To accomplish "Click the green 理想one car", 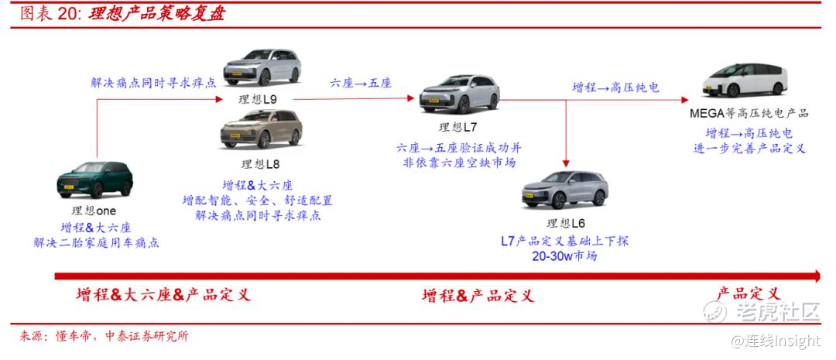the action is [95, 180].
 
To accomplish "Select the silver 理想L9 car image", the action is [262, 67].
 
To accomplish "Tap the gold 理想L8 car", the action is [262, 129].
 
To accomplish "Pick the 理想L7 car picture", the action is [459, 94].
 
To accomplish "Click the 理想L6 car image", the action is [564, 190].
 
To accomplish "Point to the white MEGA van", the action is [745, 81].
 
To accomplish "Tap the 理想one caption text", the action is [94, 211].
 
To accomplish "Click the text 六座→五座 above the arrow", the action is [361, 83].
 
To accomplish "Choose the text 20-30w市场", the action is [564, 256].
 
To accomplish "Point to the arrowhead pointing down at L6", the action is [566, 163].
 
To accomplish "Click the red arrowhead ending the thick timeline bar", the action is [815, 276].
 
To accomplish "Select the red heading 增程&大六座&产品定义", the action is [163, 294].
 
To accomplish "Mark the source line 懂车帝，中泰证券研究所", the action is [122, 337].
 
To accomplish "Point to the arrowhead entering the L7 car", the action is [410, 98].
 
